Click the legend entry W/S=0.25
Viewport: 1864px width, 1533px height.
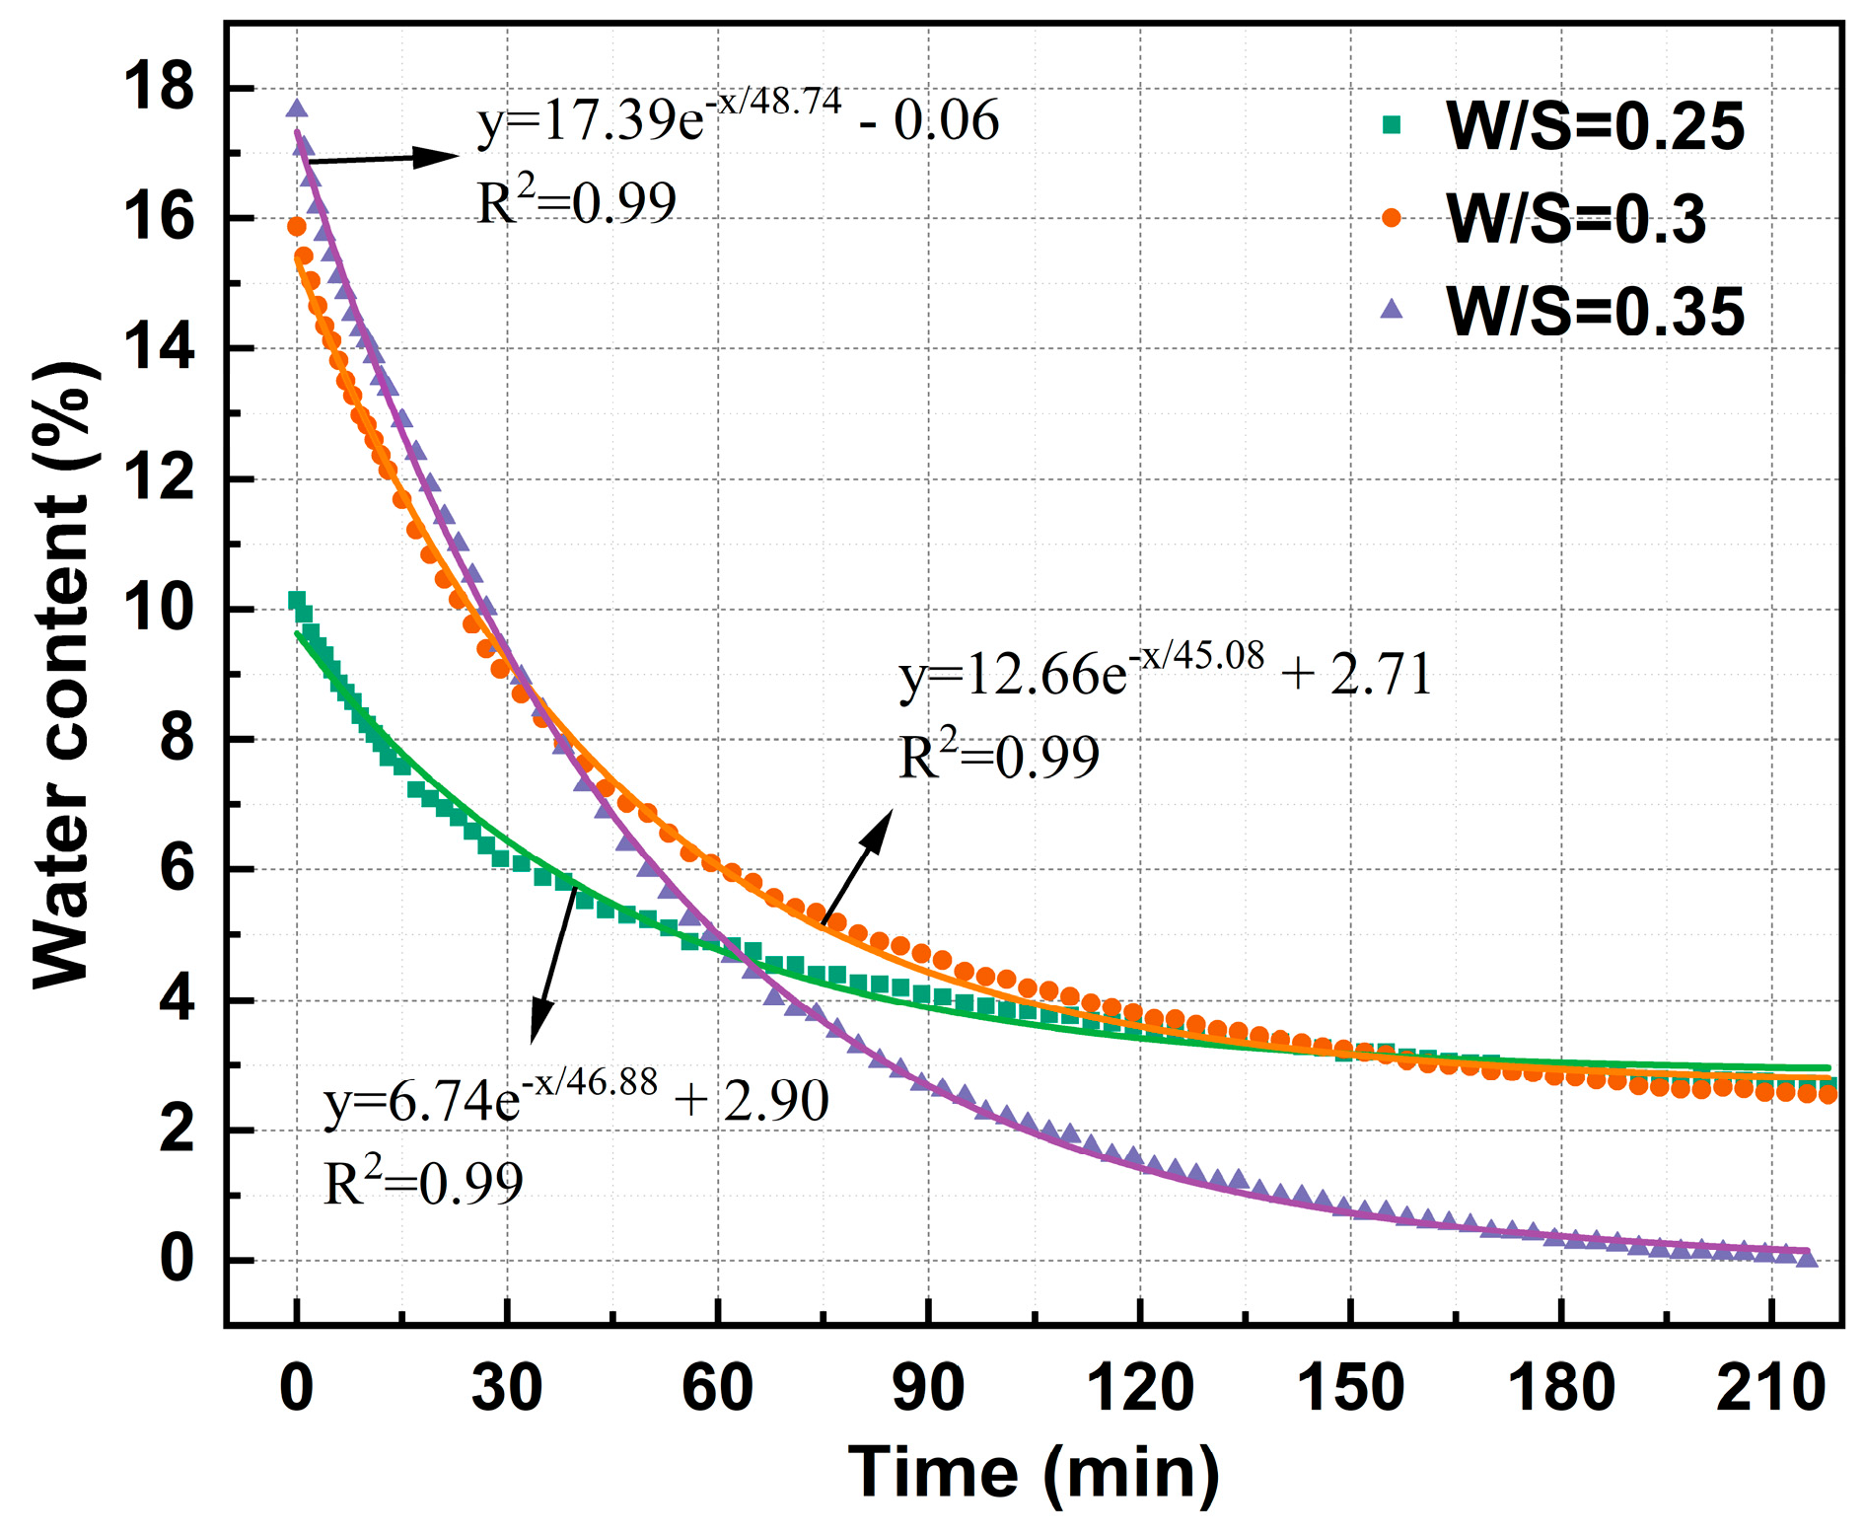(x=1594, y=126)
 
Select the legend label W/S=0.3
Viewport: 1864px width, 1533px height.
(x=1575, y=219)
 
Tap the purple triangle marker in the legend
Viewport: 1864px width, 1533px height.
(x=1392, y=310)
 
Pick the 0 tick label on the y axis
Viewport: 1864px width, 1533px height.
(x=178, y=1260)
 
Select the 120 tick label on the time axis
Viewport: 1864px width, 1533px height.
(x=1139, y=1389)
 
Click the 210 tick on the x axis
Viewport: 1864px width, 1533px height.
(x=1771, y=1389)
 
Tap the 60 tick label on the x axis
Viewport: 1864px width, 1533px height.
(x=717, y=1389)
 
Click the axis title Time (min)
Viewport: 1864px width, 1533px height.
(x=1034, y=1473)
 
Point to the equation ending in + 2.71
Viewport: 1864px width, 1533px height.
(x=1164, y=674)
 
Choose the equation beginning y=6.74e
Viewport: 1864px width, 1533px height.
(x=576, y=1099)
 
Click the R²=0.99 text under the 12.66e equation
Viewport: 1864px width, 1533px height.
(x=998, y=758)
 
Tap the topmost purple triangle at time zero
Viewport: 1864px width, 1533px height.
(x=297, y=109)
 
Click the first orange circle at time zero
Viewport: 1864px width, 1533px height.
(x=296, y=227)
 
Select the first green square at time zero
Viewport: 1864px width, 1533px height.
(x=296, y=600)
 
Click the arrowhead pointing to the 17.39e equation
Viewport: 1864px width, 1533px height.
(x=439, y=156)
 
